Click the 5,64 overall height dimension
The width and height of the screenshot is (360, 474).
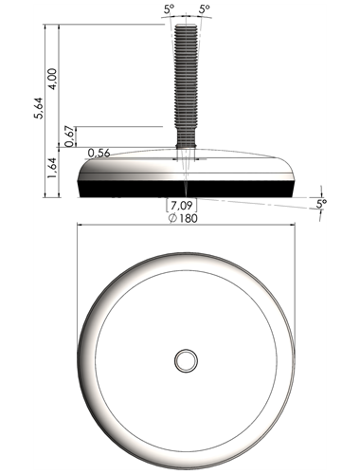coord(39,107)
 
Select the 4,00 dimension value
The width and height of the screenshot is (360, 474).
coord(52,79)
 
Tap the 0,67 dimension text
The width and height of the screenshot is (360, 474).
coord(70,137)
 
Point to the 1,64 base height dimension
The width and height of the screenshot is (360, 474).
coord(52,167)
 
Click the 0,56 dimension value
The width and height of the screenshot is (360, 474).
coord(99,154)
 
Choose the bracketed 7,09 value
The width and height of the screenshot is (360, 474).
coord(182,206)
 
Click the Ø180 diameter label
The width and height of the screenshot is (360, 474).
coord(183,218)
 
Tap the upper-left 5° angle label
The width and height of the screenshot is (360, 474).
coord(169,9)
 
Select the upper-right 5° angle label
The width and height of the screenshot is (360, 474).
coord(205,9)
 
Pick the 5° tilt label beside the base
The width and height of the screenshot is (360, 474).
coord(321,204)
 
